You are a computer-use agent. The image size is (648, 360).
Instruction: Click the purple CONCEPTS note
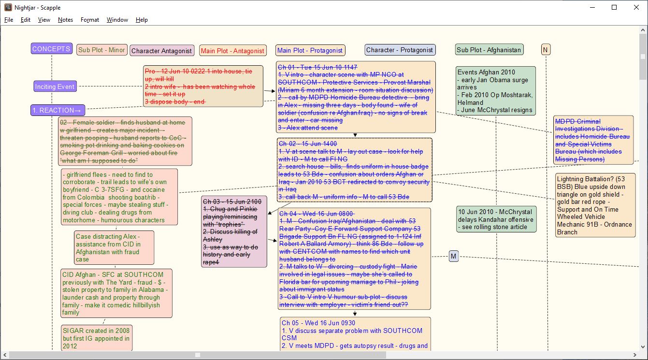[x=52, y=49]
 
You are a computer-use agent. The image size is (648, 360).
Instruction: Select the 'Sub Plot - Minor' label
[x=101, y=50]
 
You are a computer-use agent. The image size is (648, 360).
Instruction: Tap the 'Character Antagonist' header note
[x=162, y=50]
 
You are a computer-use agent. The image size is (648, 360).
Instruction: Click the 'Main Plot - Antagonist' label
[x=232, y=50]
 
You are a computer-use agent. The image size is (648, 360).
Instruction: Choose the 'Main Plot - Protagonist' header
[x=310, y=50]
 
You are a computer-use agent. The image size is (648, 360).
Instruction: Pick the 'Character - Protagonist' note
[x=400, y=50]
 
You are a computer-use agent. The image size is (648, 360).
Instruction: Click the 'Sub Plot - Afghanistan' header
[x=489, y=50]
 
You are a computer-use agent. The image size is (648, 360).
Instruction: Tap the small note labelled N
[x=546, y=50]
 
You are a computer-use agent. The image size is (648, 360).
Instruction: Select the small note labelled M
[x=453, y=256]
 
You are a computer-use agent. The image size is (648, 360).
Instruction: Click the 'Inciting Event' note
[x=55, y=86]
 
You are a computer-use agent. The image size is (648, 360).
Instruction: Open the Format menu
[x=90, y=20]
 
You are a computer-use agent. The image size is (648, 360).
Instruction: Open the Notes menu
[x=65, y=20]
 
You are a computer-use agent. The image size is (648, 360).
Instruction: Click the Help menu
[x=142, y=20]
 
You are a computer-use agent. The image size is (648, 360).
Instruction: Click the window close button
[x=636, y=7]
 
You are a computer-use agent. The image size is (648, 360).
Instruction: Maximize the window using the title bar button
[x=614, y=7]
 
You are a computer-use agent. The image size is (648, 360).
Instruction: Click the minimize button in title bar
[x=592, y=7]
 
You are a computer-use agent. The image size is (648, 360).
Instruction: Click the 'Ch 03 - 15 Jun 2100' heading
[x=232, y=202]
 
